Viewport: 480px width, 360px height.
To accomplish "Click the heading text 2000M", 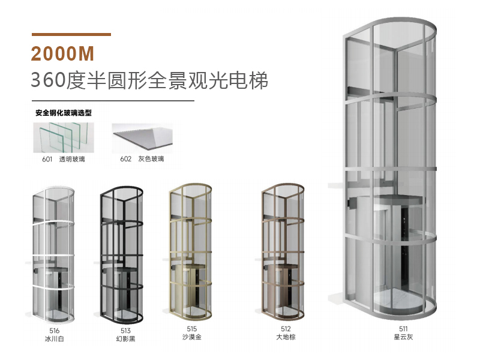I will click(x=63, y=53).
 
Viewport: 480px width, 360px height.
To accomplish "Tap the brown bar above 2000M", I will click(x=71, y=34).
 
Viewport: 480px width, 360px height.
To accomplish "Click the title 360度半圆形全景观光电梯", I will click(x=149, y=80).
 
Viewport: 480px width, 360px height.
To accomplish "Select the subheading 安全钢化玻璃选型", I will click(x=62, y=113).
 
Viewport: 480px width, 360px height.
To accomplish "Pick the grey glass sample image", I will click(x=142, y=138).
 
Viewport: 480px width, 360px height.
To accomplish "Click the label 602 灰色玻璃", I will click(x=142, y=159).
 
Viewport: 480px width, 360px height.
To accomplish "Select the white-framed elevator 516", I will click(x=54, y=255).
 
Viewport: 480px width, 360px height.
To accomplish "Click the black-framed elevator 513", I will click(x=122, y=255).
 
